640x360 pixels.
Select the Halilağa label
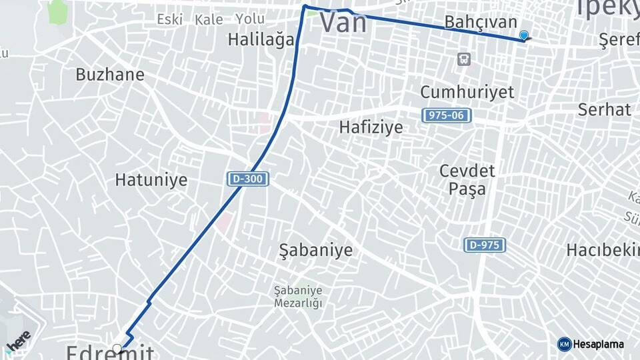pos(261,39)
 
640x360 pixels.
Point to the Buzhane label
pos(110,74)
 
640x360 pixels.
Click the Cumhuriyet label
pos(467,91)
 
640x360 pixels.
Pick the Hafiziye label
pos(371,127)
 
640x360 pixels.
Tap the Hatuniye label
pos(151,179)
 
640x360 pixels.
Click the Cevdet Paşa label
pos(467,179)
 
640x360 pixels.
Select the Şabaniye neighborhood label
pos(315,251)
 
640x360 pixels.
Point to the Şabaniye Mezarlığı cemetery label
pos(298,297)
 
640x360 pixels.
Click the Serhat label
pos(604,109)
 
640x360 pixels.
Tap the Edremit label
pos(110,351)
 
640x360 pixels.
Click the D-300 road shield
pos(248,179)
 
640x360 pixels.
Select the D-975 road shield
pos(485,245)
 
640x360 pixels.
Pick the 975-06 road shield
pos(447,115)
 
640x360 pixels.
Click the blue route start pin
pos(524,36)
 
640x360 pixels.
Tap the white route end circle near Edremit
pos(117,348)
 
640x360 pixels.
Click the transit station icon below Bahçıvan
pos(463,59)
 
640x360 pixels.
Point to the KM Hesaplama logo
pos(591,344)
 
